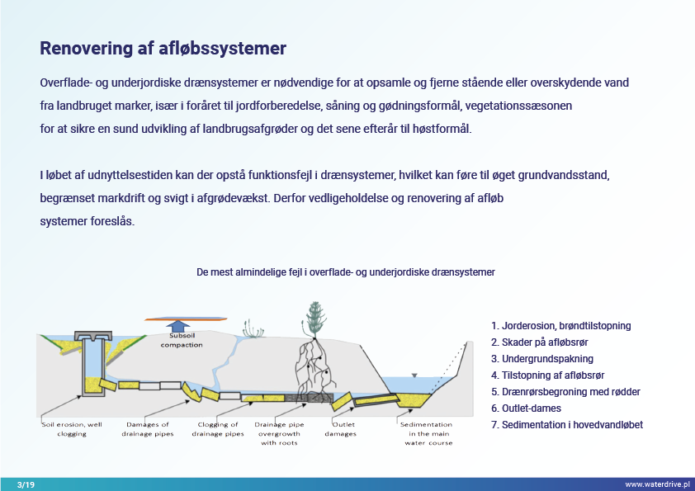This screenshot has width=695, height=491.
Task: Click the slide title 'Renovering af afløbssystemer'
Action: [x=163, y=49]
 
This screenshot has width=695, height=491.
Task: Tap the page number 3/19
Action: [x=26, y=484]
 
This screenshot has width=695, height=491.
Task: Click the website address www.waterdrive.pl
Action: [x=657, y=484]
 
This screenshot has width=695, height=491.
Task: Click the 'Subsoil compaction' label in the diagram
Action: [x=182, y=340]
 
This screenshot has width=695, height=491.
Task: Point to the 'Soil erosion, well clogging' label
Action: [x=72, y=429]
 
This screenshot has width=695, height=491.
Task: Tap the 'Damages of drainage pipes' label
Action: [x=148, y=429]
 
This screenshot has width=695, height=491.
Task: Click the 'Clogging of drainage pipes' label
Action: [x=218, y=429]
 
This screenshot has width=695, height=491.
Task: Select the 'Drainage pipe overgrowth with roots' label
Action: [x=279, y=433]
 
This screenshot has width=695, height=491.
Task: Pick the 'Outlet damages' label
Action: [x=341, y=429]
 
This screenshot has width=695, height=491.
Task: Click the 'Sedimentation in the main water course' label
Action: [x=428, y=433]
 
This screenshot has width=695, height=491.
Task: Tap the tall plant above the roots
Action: [x=314, y=320]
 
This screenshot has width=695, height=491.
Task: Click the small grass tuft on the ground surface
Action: [x=253, y=328]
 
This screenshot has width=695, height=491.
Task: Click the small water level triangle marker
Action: [x=414, y=375]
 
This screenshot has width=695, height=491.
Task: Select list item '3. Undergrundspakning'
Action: [x=542, y=359]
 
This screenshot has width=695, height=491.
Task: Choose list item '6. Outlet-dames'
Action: [x=526, y=408]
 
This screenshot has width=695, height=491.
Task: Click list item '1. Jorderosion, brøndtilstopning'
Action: [x=561, y=326]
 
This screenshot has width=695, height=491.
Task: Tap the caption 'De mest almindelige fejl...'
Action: [x=346, y=272]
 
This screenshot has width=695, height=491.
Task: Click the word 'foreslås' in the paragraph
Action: [x=112, y=220]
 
